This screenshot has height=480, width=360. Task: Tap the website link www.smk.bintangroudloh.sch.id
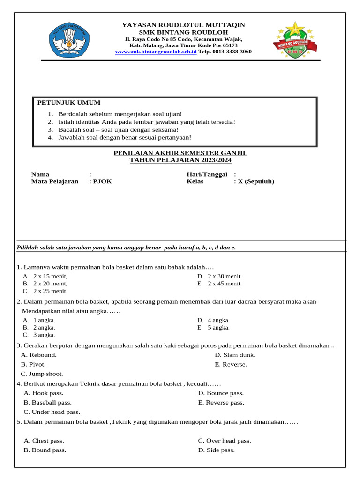pyautogui.click(x=156, y=52)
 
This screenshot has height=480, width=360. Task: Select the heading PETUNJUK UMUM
pyautogui.click(x=69, y=103)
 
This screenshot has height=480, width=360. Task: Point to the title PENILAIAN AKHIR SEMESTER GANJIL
pyautogui.click(x=180, y=153)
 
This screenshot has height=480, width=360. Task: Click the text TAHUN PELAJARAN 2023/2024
pyautogui.click(x=180, y=160)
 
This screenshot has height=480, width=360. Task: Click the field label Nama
pyautogui.click(x=40, y=174)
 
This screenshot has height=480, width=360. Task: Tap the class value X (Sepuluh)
pyautogui.click(x=256, y=181)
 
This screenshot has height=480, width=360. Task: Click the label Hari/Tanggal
pyautogui.click(x=207, y=174)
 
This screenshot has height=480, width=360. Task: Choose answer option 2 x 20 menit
pyautogui.click(x=50, y=284)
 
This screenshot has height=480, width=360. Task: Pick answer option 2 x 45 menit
pyautogui.click(x=225, y=284)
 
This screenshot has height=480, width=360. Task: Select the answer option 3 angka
pyautogui.click(x=44, y=335)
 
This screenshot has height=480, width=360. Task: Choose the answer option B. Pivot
pyautogui.click(x=33, y=364)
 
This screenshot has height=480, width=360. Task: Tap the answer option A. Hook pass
pyautogui.click(x=44, y=393)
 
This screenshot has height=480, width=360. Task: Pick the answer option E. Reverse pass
pyautogui.click(x=221, y=403)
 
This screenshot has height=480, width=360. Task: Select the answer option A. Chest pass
pyautogui.click(x=44, y=441)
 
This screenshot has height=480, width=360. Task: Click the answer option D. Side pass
pyautogui.click(x=216, y=450)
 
